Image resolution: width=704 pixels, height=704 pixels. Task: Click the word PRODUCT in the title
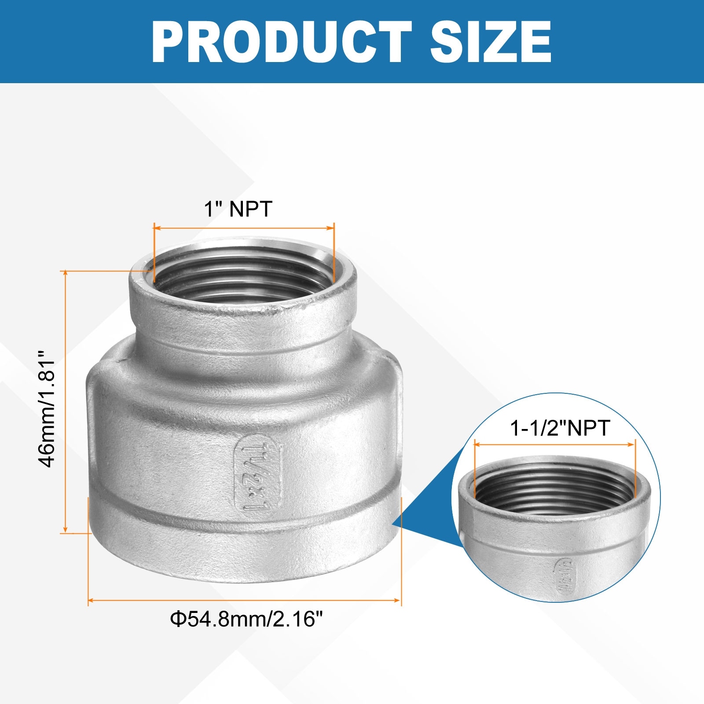click(282, 42)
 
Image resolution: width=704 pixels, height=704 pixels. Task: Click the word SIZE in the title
click(491, 42)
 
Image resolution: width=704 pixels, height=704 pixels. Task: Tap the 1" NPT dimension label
click(238, 209)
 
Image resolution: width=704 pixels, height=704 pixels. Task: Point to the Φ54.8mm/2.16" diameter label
click(246, 619)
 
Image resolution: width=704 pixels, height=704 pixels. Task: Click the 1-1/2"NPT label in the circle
click(560, 428)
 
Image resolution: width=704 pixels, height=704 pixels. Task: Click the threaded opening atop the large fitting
click(243, 275)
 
